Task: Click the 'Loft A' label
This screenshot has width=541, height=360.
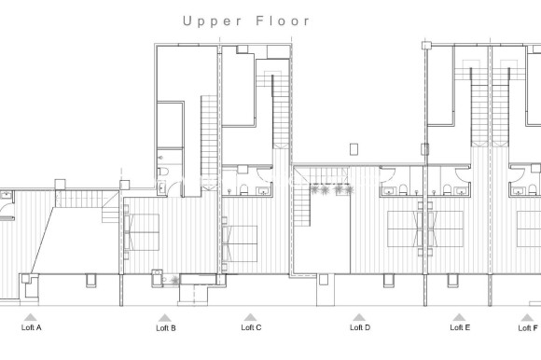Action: pyautogui.click(x=32, y=328)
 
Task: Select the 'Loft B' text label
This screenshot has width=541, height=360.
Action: pyautogui.click(x=166, y=328)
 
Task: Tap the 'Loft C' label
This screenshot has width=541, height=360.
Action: pyautogui.click(x=251, y=328)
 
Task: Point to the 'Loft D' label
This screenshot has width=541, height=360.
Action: pyautogui.click(x=360, y=328)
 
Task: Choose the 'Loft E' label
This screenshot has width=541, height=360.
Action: pyautogui.click(x=460, y=328)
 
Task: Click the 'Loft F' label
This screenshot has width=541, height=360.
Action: pyautogui.click(x=529, y=328)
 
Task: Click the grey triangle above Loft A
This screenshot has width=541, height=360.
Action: pyautogui.click(x=32, y=317)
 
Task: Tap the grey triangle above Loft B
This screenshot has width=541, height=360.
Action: pyautogui.click(x=164, y=317)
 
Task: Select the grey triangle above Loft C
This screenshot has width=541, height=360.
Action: pyautogui.click(x=250, y=317)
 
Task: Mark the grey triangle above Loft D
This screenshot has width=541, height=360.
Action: pyautogui.click(x=359, y=317)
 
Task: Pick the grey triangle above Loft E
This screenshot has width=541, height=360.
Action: pyautogui.click(x=459, y=317)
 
